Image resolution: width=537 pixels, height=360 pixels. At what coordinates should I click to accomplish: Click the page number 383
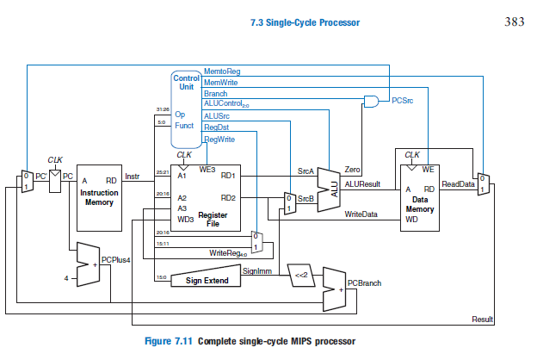tap(514, 22)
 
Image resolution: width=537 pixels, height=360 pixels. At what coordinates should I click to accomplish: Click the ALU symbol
tap(328, 184)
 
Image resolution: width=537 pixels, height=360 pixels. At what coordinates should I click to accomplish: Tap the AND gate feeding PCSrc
tap(372, 101)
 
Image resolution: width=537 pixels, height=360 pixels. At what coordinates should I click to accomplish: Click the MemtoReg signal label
tap(221, 72)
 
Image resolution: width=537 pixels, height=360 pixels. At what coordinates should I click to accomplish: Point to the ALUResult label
tap(362, 183)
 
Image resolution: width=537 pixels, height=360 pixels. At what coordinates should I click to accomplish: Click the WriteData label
tap(361, 214)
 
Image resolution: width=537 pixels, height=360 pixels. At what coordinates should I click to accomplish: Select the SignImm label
tap(257, 270)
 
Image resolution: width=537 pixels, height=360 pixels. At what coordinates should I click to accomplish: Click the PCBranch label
tap(364, 282)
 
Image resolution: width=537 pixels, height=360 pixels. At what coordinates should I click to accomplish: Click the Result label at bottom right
tap(483, 320)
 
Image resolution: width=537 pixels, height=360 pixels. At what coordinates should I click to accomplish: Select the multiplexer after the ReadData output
tap(482, 183)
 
